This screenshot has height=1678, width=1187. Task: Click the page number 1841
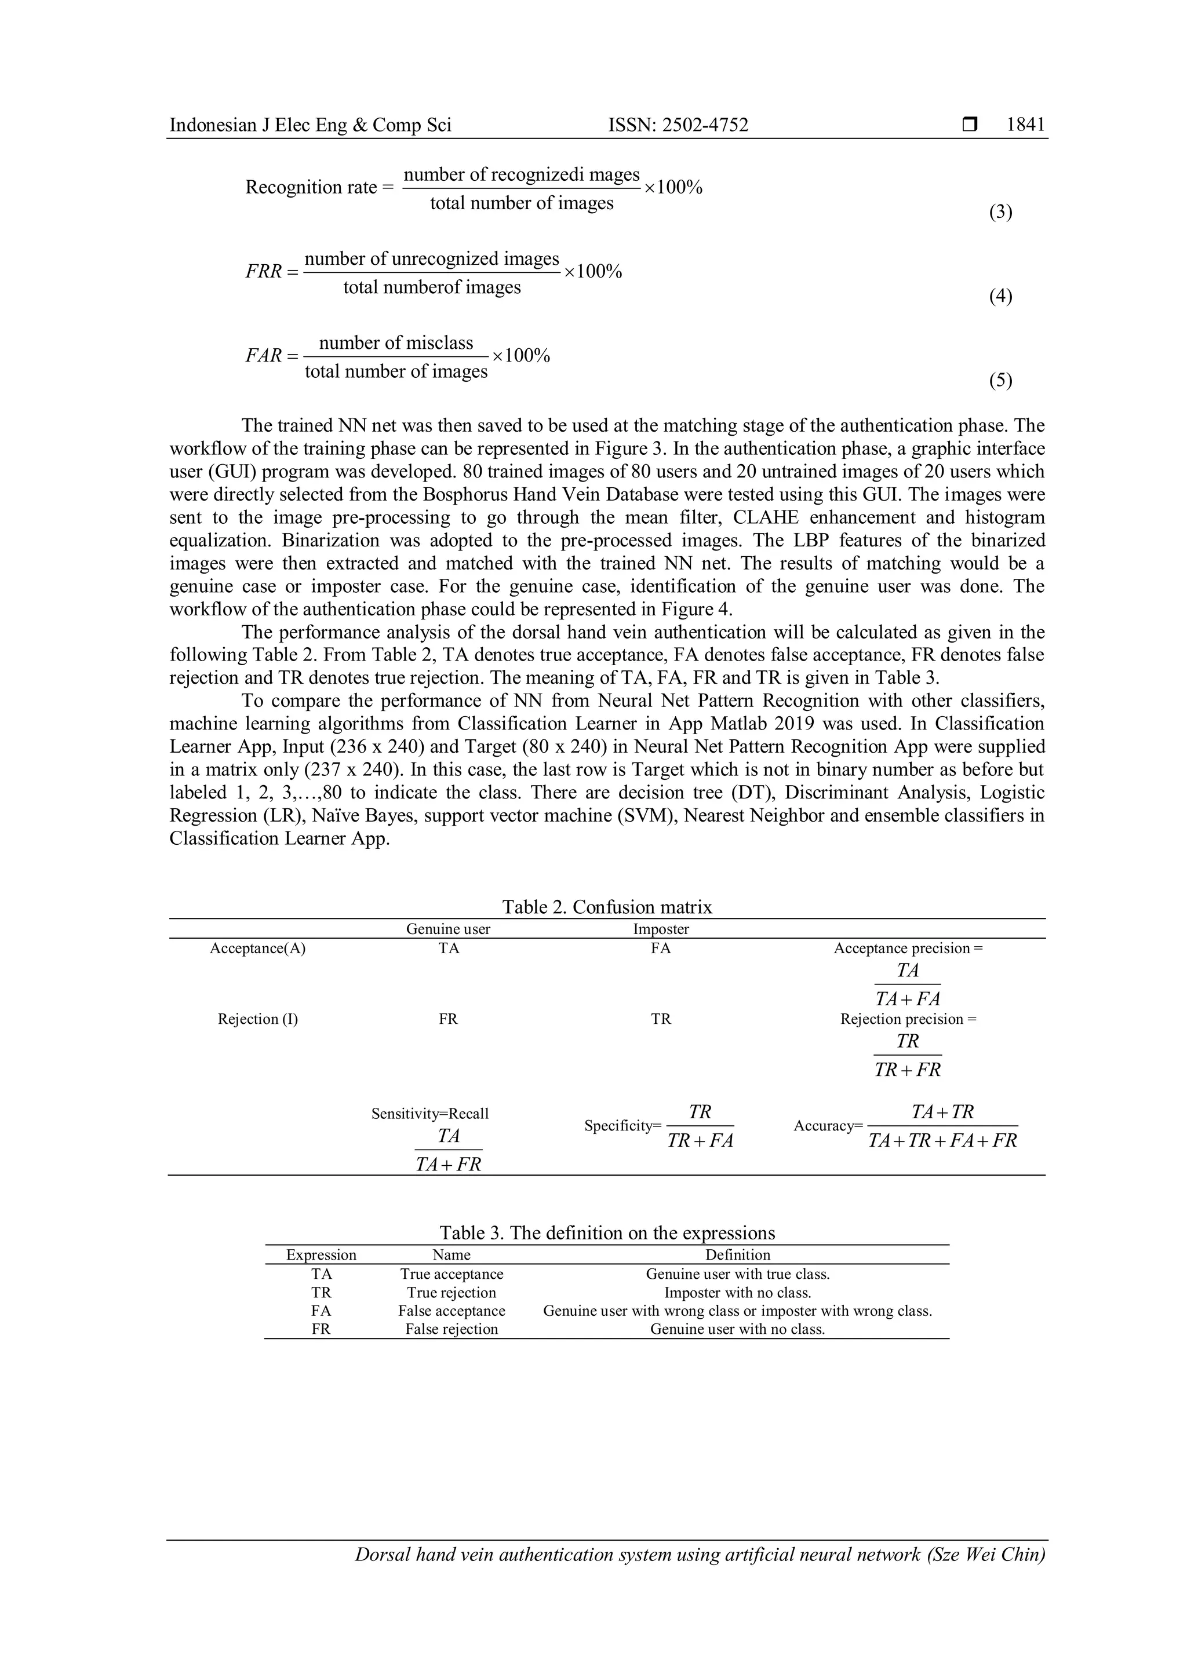(x=1025, y=125)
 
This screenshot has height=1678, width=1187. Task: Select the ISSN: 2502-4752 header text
(x=678, y=125)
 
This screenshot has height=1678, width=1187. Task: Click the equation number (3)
(x=1000, y=212)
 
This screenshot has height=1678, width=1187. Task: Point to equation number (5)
(x=1000, y=380)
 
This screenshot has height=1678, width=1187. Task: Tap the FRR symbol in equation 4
(x=263, y=272)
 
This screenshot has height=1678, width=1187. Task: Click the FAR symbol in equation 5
(x=263, y=356)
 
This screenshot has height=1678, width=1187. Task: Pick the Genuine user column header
(x=448, y=929)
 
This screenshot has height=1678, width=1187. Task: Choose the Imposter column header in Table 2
(x=661, y=929)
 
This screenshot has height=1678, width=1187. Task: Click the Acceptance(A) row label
(x=257, y=949)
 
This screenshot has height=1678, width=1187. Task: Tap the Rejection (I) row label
(x=257, y=1019)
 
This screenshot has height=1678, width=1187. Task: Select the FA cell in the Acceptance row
(x=661, y=949)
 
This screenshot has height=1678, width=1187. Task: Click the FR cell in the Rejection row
(x=448, y=1019)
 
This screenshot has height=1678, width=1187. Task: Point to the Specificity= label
(x=622, y=1126)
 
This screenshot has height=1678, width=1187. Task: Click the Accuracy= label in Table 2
(x=828, y=1126)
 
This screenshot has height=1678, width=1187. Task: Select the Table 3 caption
(x=607, y=1233)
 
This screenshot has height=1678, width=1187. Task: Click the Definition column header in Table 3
(x=737, y=1255)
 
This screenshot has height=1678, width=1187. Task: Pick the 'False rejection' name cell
(x=452, y=1329)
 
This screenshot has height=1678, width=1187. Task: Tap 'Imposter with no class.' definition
(x=737, y=1293)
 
